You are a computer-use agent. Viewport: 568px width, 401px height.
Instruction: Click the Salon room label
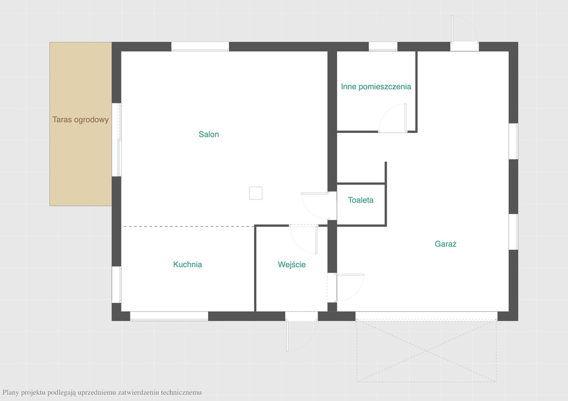[209, 134]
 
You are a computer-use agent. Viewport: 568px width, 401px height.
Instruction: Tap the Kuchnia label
[187, 264]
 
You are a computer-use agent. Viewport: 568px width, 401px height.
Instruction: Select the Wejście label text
[292, 264]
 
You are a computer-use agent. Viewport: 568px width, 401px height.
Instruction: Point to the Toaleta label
[361, 200]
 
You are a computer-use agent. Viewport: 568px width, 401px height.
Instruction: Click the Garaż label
[445, 244]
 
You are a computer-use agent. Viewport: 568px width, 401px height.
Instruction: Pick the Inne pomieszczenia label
[376, 86]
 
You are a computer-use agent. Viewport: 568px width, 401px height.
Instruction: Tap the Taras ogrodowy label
[80, 120]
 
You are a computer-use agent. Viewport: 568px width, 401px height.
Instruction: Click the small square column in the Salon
[256, 193]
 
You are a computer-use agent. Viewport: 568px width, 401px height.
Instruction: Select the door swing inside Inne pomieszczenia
[393, 118]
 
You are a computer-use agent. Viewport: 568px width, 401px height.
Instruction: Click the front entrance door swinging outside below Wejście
[301, 336]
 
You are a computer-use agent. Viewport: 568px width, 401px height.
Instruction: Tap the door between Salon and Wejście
[303, 239]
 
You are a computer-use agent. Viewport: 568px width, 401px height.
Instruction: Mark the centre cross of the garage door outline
[427, 351]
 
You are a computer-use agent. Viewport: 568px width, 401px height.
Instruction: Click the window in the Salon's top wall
[200, 47]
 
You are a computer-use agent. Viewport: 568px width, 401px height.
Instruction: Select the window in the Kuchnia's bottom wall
[169, 316]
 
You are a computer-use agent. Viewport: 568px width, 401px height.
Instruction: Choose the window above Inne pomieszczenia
[383, 47]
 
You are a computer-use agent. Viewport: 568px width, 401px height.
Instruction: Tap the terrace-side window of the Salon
[116, 140]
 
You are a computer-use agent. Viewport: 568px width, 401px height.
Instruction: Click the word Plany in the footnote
[11, 392]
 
